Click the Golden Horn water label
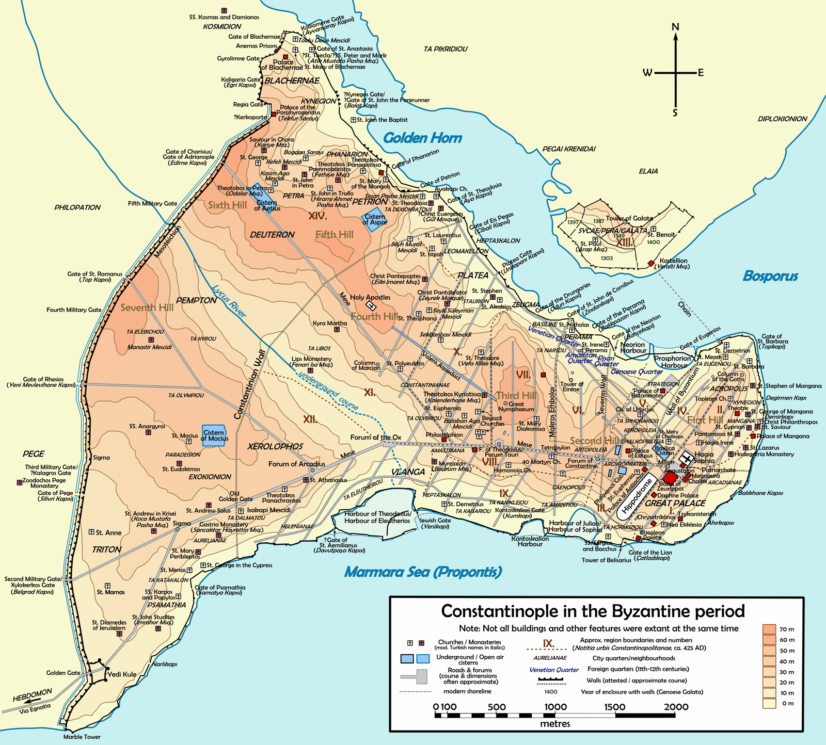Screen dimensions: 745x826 [422, 138]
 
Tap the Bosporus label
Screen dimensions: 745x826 [770, 276]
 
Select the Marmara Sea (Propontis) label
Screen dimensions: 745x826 [423, 572]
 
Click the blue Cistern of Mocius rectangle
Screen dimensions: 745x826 [214, 435]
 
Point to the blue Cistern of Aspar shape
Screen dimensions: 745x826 [375, 219]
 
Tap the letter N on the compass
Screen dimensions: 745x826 [675, 27]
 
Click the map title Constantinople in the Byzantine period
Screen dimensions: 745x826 [593, 611]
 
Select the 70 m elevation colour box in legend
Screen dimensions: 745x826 [769, 629]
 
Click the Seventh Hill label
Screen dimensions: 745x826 [147, 307]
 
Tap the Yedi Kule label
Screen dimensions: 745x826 [122, 674]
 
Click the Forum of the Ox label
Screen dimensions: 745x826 [375, 437]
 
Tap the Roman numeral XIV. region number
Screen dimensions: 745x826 [317, 216]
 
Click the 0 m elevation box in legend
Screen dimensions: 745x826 [769, 703]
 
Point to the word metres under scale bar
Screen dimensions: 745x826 [555, 723]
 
